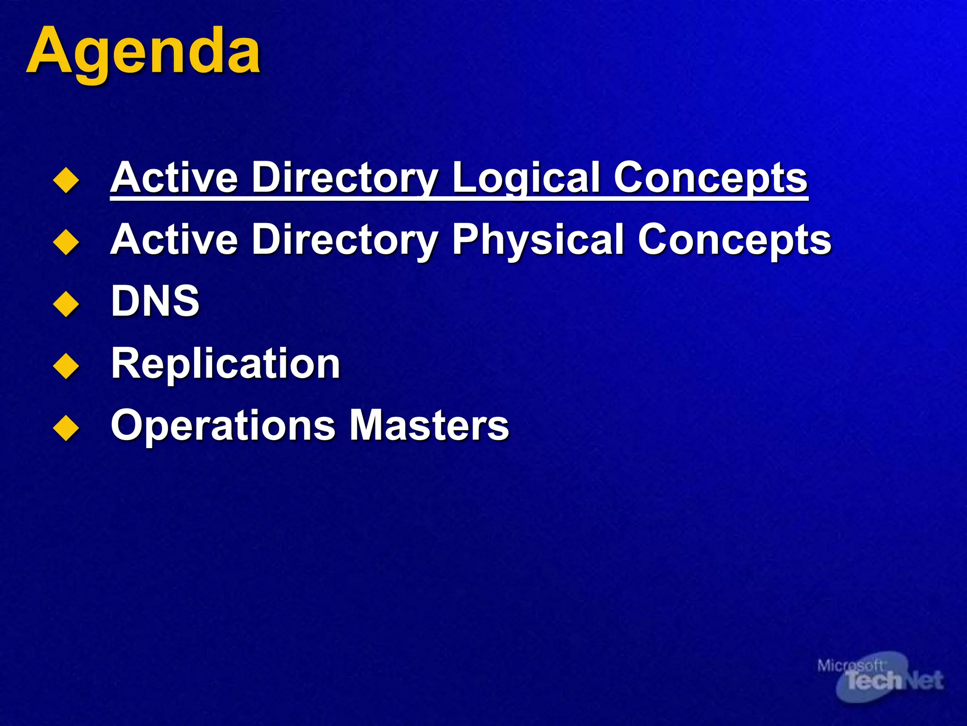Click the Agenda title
(143, 51)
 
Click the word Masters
(429, 425)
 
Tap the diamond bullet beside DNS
(66, 303)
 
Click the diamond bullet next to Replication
(66, 365)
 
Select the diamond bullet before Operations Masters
(66, 428)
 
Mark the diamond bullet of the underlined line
(66, 180)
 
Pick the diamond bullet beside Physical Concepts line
(66, 242)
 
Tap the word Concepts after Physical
(734, 240)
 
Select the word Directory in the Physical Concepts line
(345, 240)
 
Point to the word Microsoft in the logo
(849, 665)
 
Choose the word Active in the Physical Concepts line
(174, 240)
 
